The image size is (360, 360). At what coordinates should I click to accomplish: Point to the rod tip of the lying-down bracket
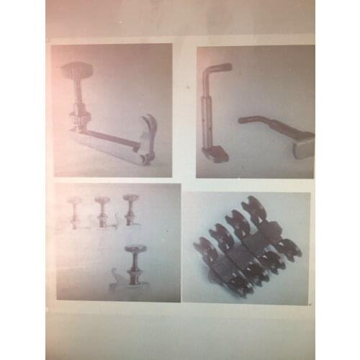coord(243,120)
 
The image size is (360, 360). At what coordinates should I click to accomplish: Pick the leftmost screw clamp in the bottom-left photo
coord(76,211)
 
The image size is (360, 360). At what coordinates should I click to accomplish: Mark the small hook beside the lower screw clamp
coord(114,277)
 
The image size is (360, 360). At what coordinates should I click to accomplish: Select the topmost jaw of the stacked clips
coord(253,204)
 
